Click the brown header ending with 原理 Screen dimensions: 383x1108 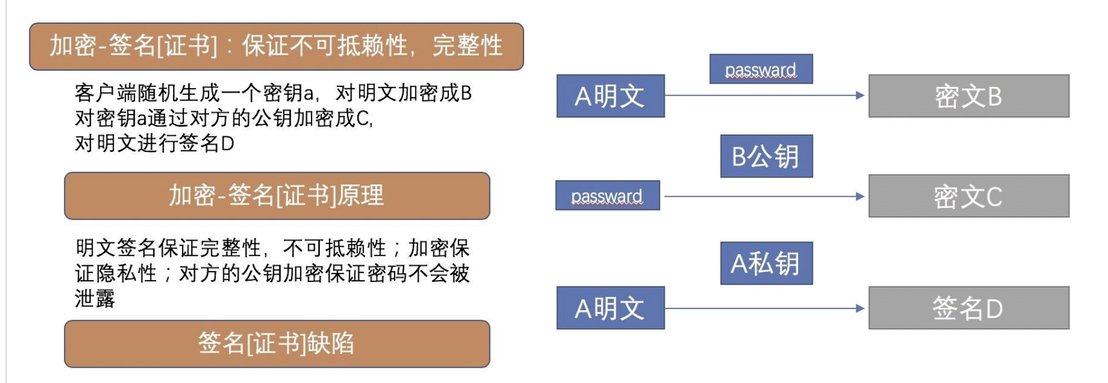(x=277, y=196)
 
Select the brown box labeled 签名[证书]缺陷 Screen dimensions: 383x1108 (x=277, y=343)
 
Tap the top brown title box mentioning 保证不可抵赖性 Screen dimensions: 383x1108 (x=276, y=46)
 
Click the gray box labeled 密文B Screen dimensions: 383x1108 (x=968, y=96)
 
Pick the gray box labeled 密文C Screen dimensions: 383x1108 (x=968, y=196)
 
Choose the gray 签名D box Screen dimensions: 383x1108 (x=968, y=308)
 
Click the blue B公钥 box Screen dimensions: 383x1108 (x=766, y=156)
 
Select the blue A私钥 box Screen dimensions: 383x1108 (x=766, y=263)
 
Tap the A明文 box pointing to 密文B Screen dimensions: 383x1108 (x=610, y=96)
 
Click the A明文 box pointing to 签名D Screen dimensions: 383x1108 (x=610, y=308)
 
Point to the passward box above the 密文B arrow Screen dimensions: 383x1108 (x=761, y=69)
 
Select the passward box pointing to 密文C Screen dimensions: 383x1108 (x=607, y=196)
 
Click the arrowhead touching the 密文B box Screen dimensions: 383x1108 (x=860, y=95)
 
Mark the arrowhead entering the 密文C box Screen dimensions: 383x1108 (x=860, y=197)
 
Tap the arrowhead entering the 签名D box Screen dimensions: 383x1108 (x=860, y=308)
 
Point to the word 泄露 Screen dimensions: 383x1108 (x=95, y=298)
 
